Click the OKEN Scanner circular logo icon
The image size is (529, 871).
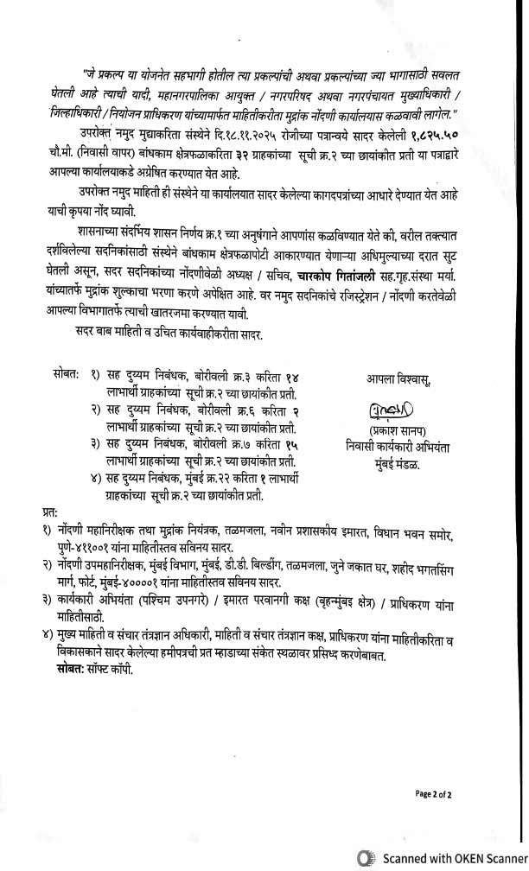point(366,858)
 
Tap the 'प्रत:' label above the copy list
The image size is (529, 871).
point(51,510)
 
